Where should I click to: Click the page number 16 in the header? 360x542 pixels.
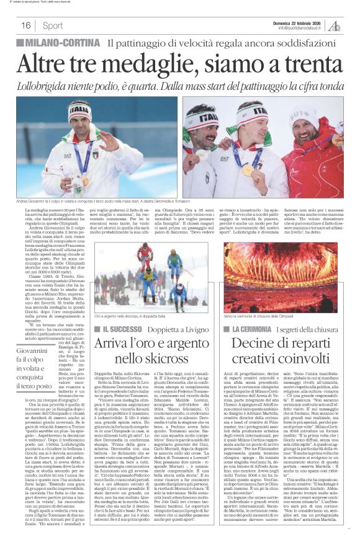26,25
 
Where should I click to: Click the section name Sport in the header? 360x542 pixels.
53,25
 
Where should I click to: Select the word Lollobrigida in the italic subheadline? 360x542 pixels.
70,86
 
